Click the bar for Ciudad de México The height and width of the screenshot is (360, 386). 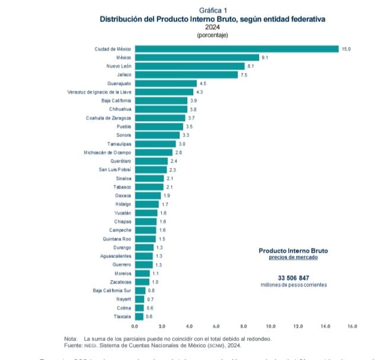click(236, 49)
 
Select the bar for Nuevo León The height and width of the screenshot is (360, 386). click(189, 66)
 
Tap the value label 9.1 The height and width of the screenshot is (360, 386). click(265, 57)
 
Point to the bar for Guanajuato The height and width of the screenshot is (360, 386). click(165, 84)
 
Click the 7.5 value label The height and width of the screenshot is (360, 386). click(243, 75)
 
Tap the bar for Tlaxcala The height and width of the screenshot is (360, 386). click(139, 317)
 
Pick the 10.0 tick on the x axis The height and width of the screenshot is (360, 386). click(271, 327)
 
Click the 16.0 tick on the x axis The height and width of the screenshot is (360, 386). click(352, 327)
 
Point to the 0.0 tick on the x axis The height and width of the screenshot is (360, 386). click(135, 327)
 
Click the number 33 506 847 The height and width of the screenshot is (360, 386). click(293, 278)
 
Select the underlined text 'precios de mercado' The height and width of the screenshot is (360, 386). click(293, 257)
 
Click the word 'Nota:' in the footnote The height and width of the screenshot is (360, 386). click(71, 338)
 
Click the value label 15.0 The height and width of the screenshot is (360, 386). click(346, 49)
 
